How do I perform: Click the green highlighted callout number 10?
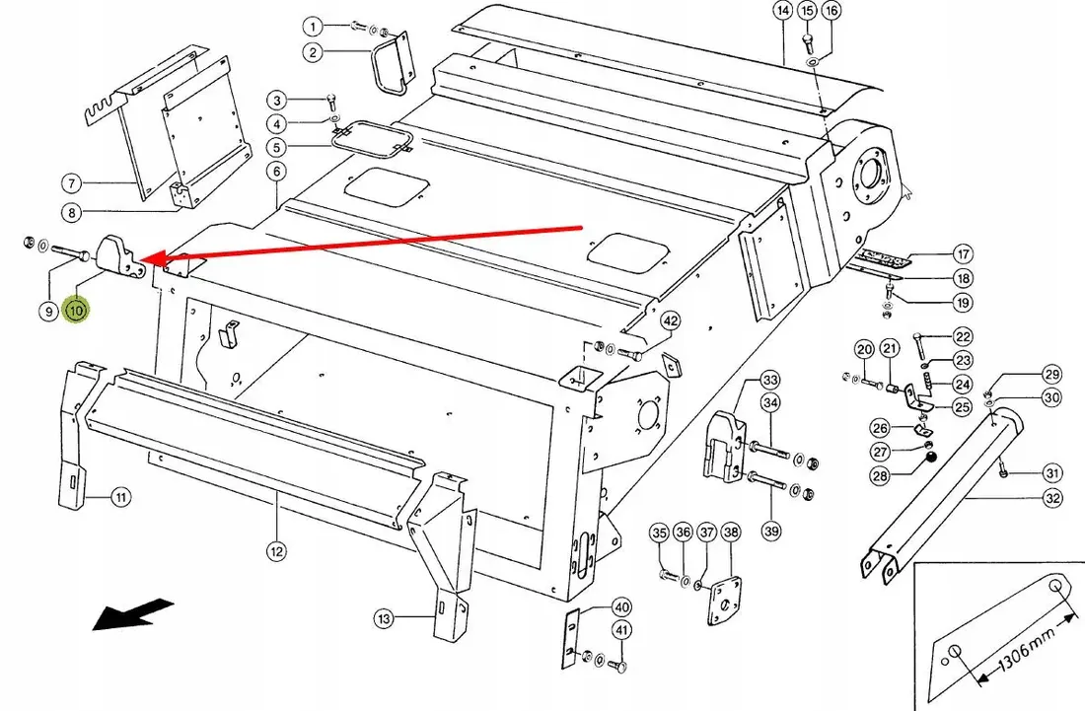(x=76, y=310)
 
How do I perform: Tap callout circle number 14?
(x=782, y=11)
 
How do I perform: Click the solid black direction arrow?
(x=132, y=614)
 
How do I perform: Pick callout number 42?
(x=671, y=320)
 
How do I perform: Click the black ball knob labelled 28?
(x=933, y=458)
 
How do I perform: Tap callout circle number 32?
(x=1052, y=498)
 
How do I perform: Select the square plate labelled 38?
(x=724, y=600)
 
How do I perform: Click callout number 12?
(x=276, y=551)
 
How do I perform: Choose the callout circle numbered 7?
(x=72, y=183)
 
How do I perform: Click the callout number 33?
(x=770, y=380)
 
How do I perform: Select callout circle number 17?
(x=964, y=253)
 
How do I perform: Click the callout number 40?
(x=622, y=607)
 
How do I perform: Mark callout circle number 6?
(x=276, y=172)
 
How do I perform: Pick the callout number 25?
(x=963, y=406)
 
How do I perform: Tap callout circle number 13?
(x=385, y=618)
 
